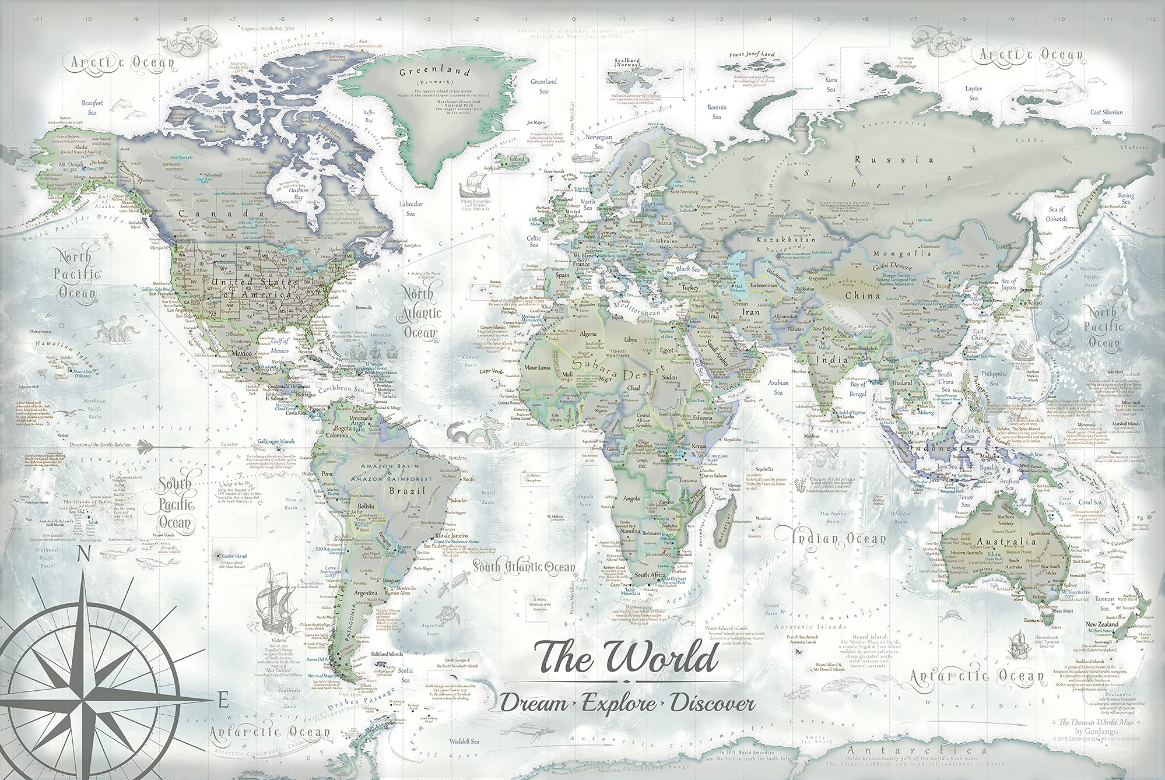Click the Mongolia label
click(x=902, y=254)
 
